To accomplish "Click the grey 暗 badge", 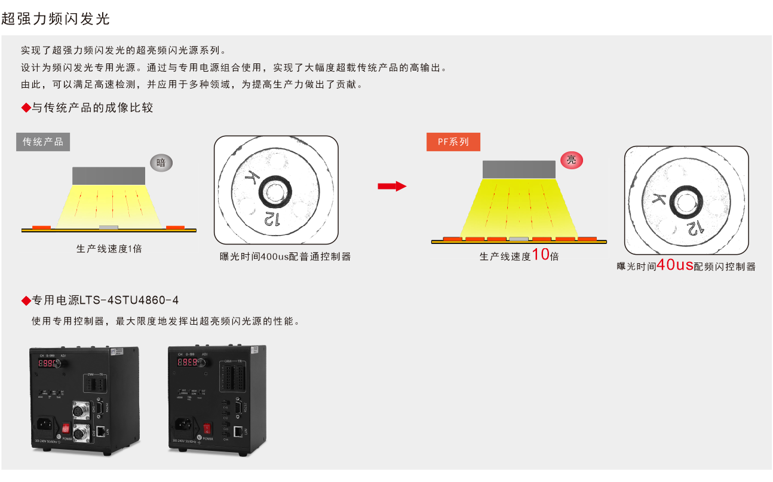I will [x=161, y=162].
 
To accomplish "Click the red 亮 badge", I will [x=571, y=160].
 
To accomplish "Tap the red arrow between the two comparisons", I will [x=391, y=187].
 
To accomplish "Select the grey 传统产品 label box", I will [x=43, y=142].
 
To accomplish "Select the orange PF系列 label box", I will [x=453, y=142].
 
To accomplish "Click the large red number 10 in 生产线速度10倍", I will [x=540, y=255].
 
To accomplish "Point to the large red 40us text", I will [x=675, y=265].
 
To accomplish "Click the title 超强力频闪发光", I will [x=56, y=19].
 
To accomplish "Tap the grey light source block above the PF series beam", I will [x=519, y=170].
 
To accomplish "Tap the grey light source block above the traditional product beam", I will [x=109, y=176].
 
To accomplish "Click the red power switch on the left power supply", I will [x=65, y=428].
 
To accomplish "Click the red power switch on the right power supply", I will [x=207, y=428].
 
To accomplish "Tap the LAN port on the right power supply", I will [x=239, y=430].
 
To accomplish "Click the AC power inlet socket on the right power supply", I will [x=183, y=426].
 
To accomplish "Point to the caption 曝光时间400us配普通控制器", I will [x=285, y=257].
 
